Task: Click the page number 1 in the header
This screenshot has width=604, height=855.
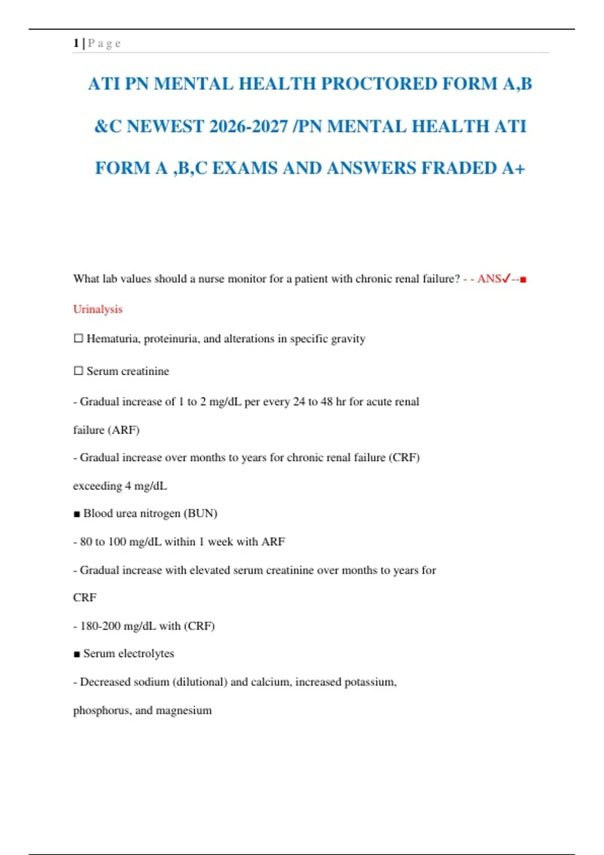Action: coord(75,43)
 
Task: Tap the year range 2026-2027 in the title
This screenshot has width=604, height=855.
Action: coord(248,126)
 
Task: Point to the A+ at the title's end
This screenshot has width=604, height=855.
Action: coord(513,168)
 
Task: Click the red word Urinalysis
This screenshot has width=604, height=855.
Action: coord(98,309)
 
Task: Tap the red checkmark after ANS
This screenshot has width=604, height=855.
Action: coord(506,278)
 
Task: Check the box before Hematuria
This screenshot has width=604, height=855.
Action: coord(79,338)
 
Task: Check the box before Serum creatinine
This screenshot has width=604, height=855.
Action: coord(79,371)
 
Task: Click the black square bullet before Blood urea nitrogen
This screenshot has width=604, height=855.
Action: coord(77,514)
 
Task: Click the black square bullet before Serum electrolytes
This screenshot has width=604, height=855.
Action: coord(77,654)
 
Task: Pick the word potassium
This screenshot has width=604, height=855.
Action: coord(370,682)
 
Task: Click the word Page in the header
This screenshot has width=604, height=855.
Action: coord(104,43)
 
